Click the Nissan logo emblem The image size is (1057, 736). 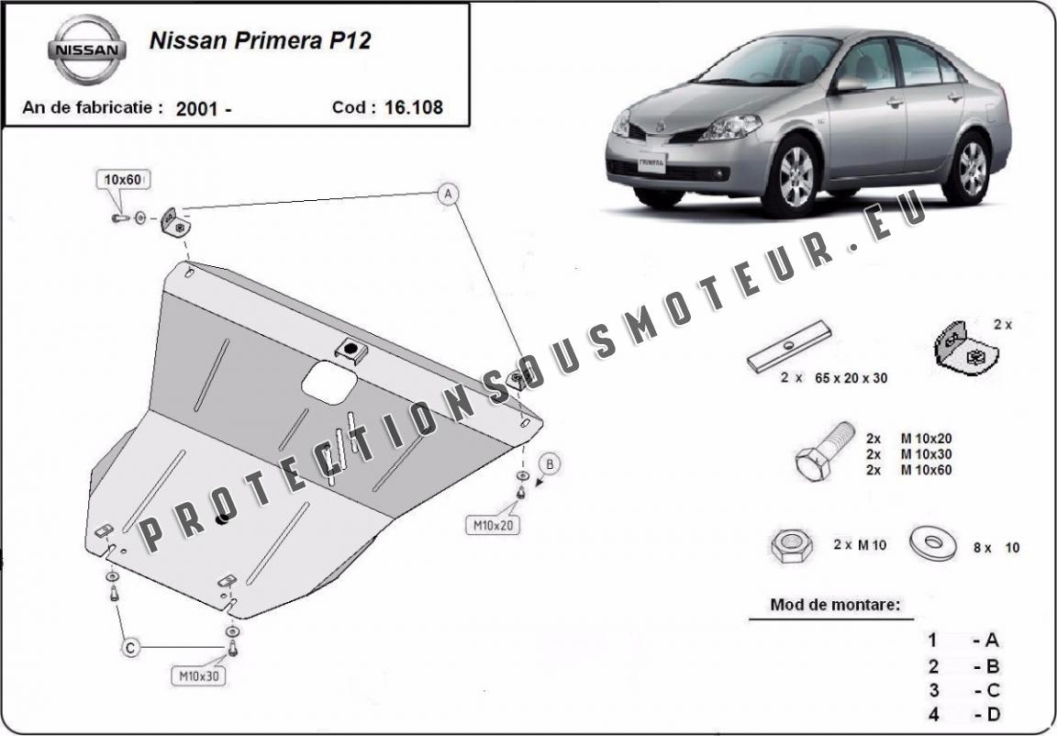click(x=86, y=50)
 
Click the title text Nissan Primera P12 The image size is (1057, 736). click(x=260, y=40)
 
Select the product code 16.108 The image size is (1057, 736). click(x=414, y=107)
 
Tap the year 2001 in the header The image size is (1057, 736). click(x=196, y=108)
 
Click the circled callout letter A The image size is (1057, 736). click(x=448, y=195)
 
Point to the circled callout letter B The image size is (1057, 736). click(x=551, y=463)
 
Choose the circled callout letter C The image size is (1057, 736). click(x=131, y=648)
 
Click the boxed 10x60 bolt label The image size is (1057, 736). click(x=123, y=179)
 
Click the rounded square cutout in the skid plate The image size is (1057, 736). click(x=329, y=382)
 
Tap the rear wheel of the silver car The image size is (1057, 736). click(x=972, y=168)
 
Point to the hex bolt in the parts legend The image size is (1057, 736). click(x=825, y=451)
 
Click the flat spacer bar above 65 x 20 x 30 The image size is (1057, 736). click(x=789, y=346)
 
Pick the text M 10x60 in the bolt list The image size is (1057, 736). click(x=926, y=471)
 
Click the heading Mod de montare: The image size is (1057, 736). click(x=835, y=605)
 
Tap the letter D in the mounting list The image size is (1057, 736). click(x=992, y=714)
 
